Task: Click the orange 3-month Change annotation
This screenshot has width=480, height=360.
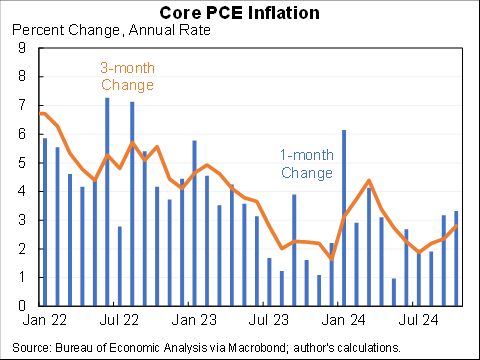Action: coord(127,77)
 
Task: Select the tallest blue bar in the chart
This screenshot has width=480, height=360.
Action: coord(107,200)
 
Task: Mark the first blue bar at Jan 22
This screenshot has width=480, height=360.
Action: coord(45,221)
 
